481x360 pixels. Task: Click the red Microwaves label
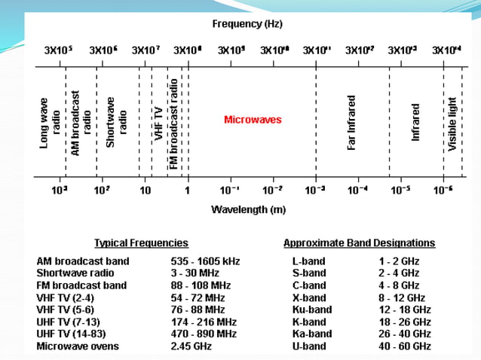253,120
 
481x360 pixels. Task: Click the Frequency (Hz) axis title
247,24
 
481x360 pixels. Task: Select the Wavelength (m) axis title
248,208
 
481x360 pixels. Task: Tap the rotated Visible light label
452,124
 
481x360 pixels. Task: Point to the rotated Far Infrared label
351,122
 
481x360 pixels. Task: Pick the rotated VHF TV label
158,122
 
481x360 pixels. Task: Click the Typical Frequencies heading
141,243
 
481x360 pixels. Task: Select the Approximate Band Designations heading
359,243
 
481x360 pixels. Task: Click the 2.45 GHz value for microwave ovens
191,346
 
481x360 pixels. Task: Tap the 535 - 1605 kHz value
205,261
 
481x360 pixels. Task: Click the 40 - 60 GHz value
404,346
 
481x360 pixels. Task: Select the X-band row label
308,297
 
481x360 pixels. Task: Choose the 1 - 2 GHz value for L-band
399,261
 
